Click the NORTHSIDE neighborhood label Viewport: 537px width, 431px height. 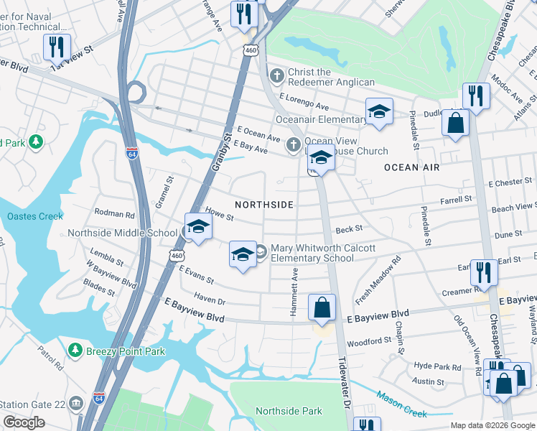[x=263, y=205]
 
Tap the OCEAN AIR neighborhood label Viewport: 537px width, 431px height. [x=411, y=167]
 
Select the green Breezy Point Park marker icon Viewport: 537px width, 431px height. [x=75, y=351]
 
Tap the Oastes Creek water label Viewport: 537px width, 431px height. [x=35, y=216]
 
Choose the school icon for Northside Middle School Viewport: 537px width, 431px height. [x=197, y=228]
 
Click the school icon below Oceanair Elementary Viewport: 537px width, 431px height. [x=321, y=159]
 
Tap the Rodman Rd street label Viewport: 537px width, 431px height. [x=114, y=214]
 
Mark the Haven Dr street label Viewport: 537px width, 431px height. [x=210, y=302]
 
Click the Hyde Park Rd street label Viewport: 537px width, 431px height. [x=436, y=366]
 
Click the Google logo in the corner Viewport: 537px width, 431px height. [x=24, y=422]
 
